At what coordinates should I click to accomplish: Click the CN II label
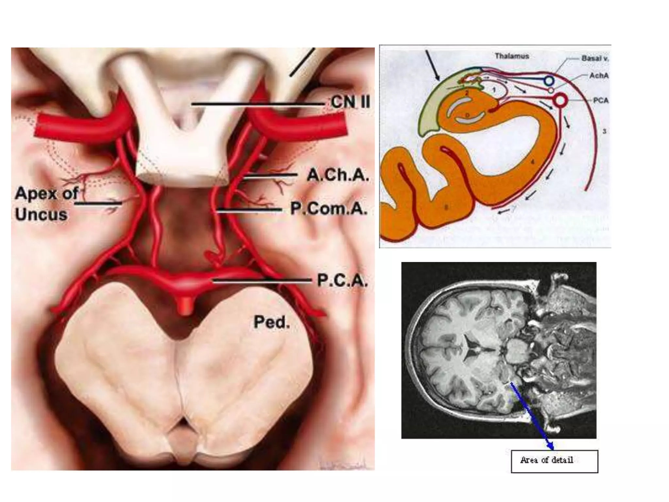click(351, 102)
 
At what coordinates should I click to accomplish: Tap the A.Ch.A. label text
click(338, 176)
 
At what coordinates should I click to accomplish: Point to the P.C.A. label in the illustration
click(342, 280)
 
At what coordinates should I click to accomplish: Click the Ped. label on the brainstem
click(271, 322)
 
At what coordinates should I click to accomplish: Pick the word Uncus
click(41, 215)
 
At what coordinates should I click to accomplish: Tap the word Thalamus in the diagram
click(512, 56)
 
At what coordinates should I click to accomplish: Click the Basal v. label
click(595, 59)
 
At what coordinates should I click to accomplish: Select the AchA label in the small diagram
click(599, 76)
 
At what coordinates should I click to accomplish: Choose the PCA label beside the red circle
click(601, 100)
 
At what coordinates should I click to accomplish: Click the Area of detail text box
click(554, 461)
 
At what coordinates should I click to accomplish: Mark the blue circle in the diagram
click(549, 80)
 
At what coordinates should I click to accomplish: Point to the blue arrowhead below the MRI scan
click(550, 446)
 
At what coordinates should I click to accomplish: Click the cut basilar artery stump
click(185, 306)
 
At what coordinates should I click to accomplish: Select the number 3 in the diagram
click(604, 131)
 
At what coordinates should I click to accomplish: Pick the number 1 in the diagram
click(494, 90)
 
